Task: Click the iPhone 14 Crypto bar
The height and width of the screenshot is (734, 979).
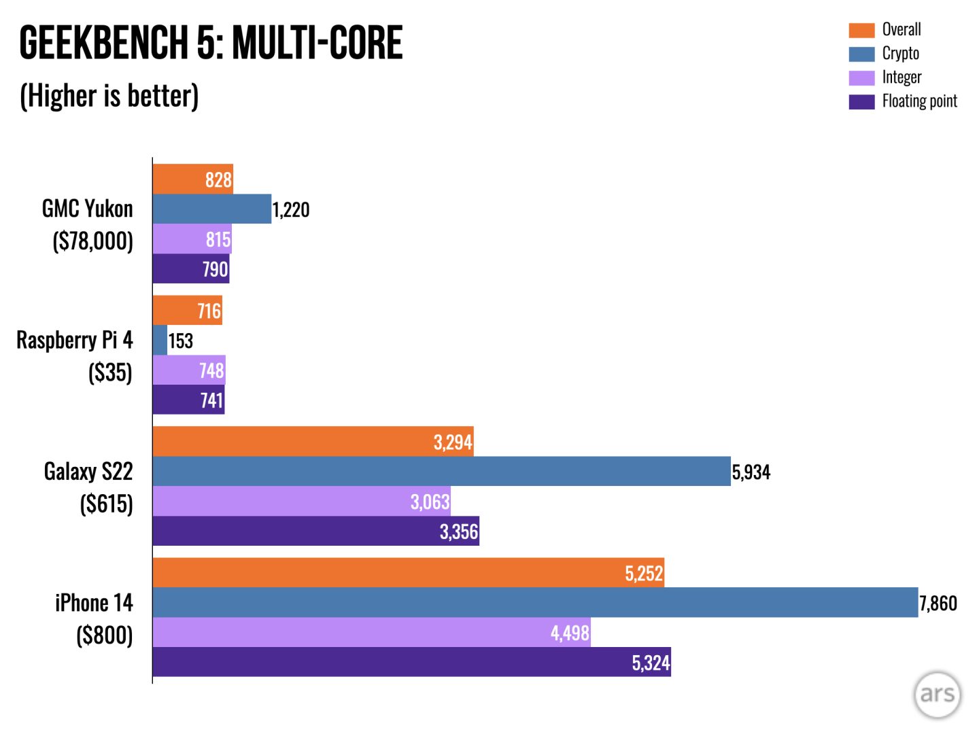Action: pyautogui.click(x=535, y=603)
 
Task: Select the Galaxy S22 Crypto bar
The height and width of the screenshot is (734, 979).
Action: pyautogui.click(x=441, y=471)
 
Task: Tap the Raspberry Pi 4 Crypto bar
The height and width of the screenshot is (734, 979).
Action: pyautogui.click(x=160, y=340)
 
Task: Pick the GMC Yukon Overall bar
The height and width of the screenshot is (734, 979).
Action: pyautogui.click(x=193, y=179)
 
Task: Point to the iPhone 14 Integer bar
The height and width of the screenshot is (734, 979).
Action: pyautogui.click(x=371, y=632)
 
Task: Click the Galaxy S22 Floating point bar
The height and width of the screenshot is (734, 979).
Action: pyautogui.click(x=315, y=531)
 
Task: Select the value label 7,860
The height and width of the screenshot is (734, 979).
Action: pyautogui.click(x=938, y=604)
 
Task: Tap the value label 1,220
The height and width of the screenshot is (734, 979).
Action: pyautogui.click(x=291, y=210)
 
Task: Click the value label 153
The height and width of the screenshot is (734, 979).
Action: pyautogui.click(x=181, y=340)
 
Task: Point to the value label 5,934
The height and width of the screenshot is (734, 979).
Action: pyautogui.click(x=751, y=472)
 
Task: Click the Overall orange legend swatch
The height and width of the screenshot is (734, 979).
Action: pyautogui.click(x=861, y=30)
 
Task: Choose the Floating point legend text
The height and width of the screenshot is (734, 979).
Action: pyautogui.click(x=919, y=101)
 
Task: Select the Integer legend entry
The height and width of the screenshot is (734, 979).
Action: pyautogui.click(x=901, y=77)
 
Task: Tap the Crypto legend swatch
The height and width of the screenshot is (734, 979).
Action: pyautogui.click(x=861, y=54)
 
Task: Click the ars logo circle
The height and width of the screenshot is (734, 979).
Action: pyautogui.click(x=937, y=694)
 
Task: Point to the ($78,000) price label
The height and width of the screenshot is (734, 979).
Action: pyautogui.click(x=93, y=241)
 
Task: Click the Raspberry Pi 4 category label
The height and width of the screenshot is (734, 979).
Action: pyautogui.click(x=75, y=340)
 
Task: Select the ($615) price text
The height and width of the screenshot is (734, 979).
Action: pyautogui.click(x=107, y=504)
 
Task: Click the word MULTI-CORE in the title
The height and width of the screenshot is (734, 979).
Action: pyautogui.click(x=317, y=43)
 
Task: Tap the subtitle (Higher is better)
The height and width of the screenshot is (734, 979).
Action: pyautogui.click(x=109, y=96)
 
